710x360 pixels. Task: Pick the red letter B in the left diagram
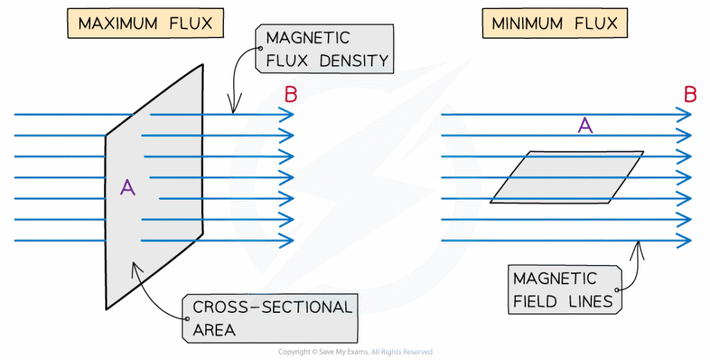click(291, 95)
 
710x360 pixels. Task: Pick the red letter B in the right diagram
click(689, 95)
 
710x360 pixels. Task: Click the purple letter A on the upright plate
click(127, 187)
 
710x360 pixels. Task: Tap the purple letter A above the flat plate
click(585, 126)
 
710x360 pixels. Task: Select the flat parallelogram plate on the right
click(566, 178)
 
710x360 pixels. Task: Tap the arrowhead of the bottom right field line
click(686, 240)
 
